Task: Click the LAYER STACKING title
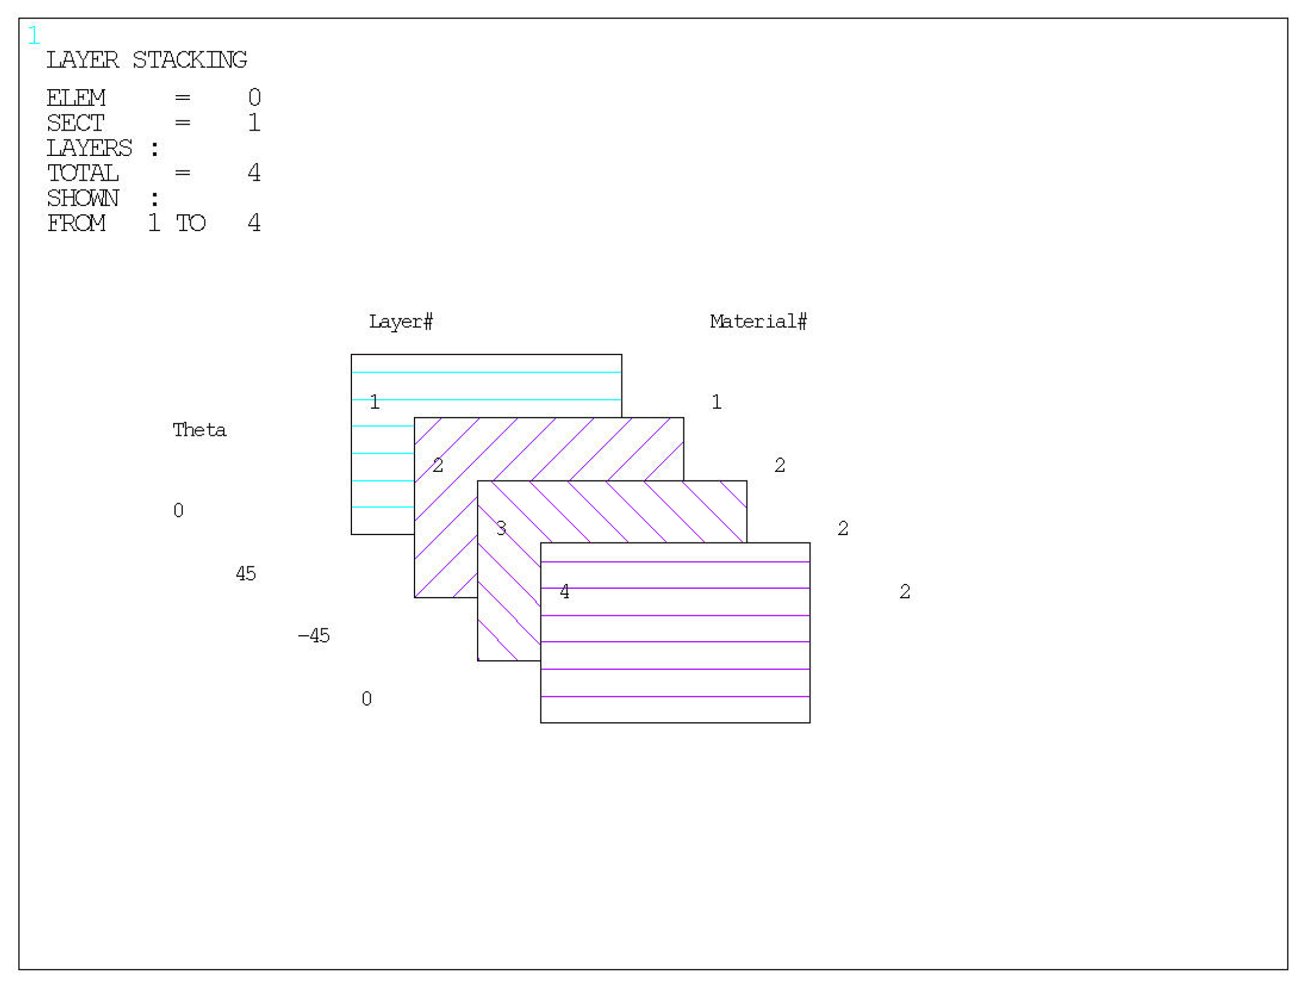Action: pyautogui.click(x=146, y=60)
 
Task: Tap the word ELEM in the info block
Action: pyautogui.click(x=76, y=98)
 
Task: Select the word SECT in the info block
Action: pyautogui.click(x=76, y=123)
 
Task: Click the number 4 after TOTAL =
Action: pyautogui.click(x=254, y=173)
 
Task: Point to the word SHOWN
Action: pyautogui.click(x=83, y=198)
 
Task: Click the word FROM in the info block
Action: pyautogui.click(x=76, y=223)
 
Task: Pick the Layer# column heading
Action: pyautogui.click(x=400, y=321)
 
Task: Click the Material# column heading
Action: pyautogui.click(x=757, y=321)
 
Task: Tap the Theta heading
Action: pyautogui.click(x=199, y=430)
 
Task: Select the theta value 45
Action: pyautogui.click(x=245, y=573)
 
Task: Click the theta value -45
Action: pyautogui.click(x=314, y=636)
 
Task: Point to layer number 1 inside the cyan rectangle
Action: pyautogui.click(x=374, y=402)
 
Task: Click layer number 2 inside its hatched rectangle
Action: pyautogui.click(x=437, y=465)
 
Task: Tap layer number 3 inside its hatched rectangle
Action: pyautogui.click(x=501, y=528)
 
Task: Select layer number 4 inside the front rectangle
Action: pyautogui.click(x=564, y=591)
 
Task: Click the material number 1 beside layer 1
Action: pyautogui.click(x=716, y=402)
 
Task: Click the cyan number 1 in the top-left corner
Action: pyautogui.click(x=34, y=35)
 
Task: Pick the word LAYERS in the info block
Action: pyautogui.click(x=89, y=148)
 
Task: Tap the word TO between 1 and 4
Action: pyautogui.click(x=190, y=223)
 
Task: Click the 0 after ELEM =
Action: pyautogui.click(x=254, y=98)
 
